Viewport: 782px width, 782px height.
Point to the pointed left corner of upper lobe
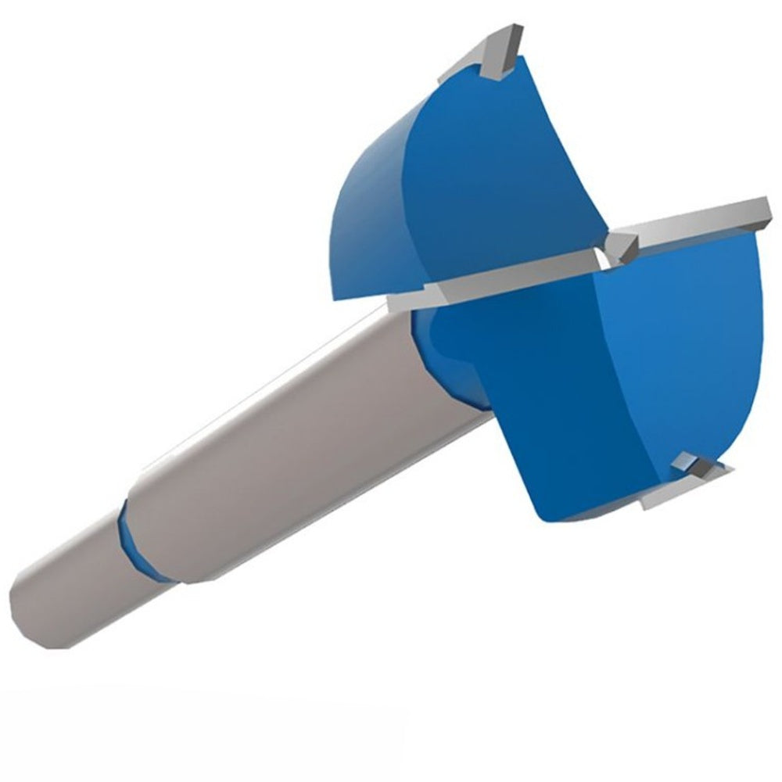tap(336, 293)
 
